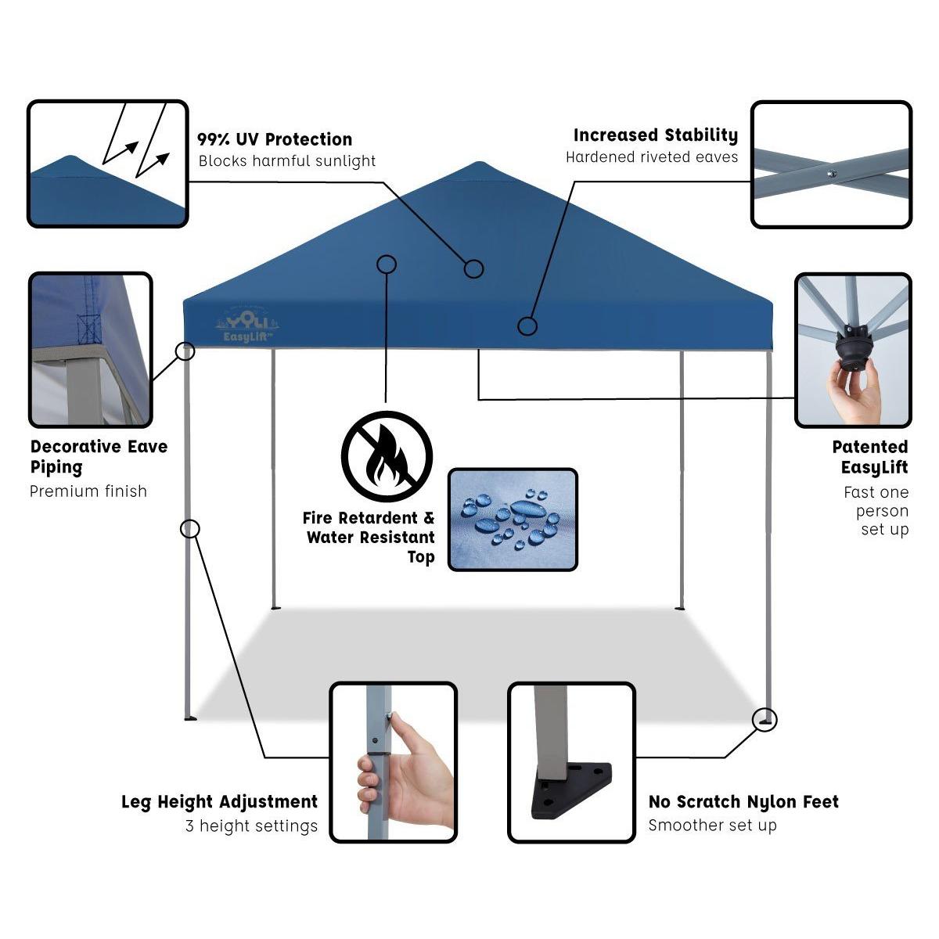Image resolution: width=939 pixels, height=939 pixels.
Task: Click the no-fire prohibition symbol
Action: [387, 456]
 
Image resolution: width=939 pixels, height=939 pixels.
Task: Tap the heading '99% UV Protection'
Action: [275, 140]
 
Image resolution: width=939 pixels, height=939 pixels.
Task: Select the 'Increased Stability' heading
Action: [655, 135]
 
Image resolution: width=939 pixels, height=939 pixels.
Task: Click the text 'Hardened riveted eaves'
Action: [652, 157]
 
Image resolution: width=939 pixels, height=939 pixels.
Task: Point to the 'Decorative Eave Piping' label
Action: [99, 457]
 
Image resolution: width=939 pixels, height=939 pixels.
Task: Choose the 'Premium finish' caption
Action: [88, 491]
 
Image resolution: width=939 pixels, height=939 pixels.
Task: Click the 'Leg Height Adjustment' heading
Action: [219, 802]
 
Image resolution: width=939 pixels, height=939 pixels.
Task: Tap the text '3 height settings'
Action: [251, 826]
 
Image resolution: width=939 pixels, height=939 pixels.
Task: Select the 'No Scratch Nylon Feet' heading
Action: [743, 802]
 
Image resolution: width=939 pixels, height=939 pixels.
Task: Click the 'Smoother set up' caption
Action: [712, 826]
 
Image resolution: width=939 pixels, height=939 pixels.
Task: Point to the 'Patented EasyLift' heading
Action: [870, 457]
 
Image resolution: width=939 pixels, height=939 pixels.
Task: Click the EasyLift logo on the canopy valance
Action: [246, 326]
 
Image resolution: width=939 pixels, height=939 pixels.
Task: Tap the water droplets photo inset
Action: [513, 520]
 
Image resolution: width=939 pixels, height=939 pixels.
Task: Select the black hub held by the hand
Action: [853, 348]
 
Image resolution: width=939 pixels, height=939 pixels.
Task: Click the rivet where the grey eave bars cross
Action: [832, 174]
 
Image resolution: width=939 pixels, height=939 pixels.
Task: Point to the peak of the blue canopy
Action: [478, 164]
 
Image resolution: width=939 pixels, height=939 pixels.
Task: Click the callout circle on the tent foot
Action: [765, 719]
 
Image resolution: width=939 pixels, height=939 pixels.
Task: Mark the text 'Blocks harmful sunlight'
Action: [287, 162]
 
